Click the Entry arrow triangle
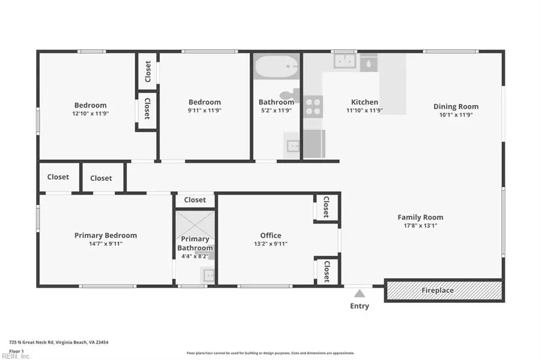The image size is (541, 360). [x=359, y=293]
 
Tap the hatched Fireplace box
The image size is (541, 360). [x=444, y=291]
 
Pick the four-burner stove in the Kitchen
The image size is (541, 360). [x=313, y=106]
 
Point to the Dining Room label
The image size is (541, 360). [x=456, y=106]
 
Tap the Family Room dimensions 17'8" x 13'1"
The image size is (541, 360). [x=420, y=226]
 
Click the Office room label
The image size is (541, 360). [x=270, y=235]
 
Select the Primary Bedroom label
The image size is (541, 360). [x=105, y=235]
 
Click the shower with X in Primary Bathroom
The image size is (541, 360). [x=194, y=225]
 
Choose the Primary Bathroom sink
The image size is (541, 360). [x=207, y=275]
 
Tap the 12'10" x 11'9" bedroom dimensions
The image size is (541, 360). [x=90, y=113]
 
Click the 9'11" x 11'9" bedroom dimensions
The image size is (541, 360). [x=204, y=111]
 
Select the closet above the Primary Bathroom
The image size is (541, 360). [x=195, y=200]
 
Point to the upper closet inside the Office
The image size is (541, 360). [x=326, y=207]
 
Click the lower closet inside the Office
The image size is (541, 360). [x=326, y=270]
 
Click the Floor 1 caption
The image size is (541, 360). [x=16, y=350]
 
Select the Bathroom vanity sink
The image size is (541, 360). [x=292, y=145]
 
